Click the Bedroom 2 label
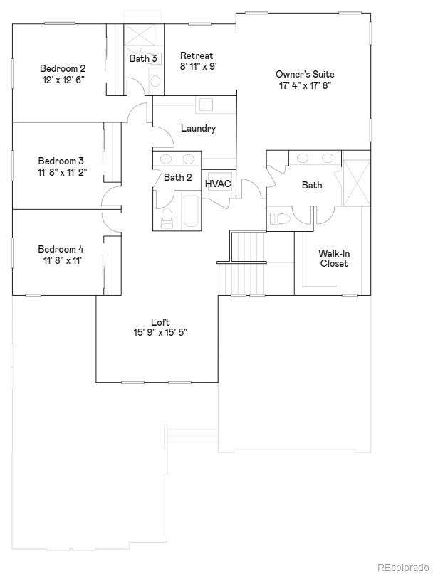[x=63, y=68]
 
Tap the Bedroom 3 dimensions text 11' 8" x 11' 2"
[x=62, y=172]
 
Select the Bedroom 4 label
[x=61, y=249]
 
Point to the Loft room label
[x=160, y=321]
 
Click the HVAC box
[x=218, y=184]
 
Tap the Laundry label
[x=198, y=129]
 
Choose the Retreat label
[x=197, y=55]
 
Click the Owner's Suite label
[x=305, y=74]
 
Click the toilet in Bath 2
[x=167, y=218]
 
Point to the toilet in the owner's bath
[x=278, y=218]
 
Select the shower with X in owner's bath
[x=356, y=178]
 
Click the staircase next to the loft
[x=246, y=263]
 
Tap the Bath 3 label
[x=143, y=58]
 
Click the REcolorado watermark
[x=402, y=567]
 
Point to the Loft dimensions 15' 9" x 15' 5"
[x=160, y=332]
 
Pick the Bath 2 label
[x=178, y=177]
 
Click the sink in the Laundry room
[x=205, y=105]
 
